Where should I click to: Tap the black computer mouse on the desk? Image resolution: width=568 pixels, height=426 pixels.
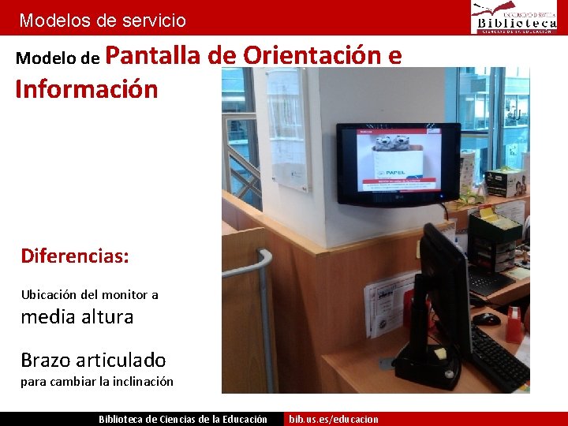point(486,319)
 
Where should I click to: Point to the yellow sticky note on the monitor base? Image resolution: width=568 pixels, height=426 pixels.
point(439,353)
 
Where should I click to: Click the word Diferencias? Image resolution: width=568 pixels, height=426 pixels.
point(75,256)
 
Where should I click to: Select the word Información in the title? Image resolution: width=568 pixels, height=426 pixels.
point(86,88)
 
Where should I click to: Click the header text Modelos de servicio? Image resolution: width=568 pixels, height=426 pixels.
point(103,21)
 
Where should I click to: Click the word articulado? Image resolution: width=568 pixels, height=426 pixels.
point(121,360)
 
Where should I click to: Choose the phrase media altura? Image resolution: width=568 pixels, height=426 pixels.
point(77,316)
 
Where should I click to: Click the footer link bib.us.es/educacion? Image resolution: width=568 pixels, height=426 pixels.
point(334,419)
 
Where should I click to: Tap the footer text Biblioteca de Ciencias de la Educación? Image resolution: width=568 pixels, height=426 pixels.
point(182,419)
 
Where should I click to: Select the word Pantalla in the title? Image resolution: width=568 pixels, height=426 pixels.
point(153,55)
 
